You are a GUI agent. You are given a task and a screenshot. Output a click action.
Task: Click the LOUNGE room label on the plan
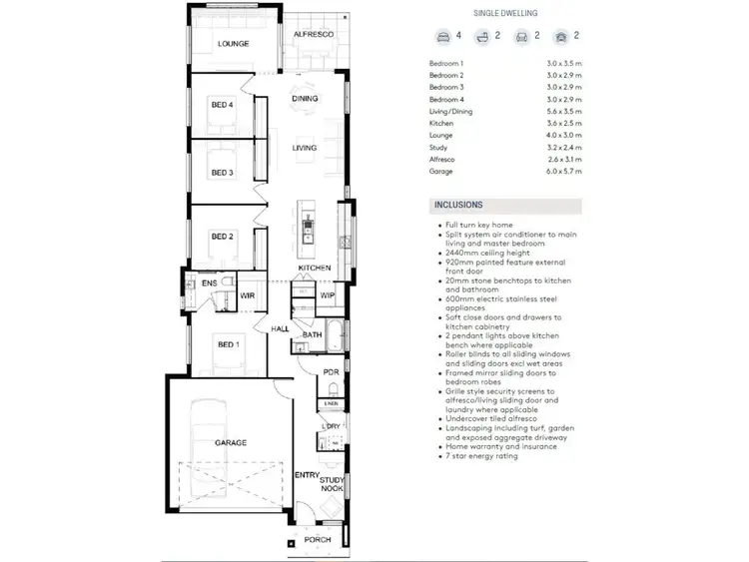tap(234, 44)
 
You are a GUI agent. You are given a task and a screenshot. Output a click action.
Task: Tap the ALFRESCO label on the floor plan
tap(313, 36)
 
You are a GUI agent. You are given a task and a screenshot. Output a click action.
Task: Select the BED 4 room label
tap(222, 105)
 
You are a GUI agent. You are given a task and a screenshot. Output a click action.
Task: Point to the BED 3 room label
tap(222, 173)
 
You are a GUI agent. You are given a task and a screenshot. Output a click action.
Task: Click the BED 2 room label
tap(222, 237)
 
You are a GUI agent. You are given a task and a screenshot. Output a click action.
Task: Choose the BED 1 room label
tap(229, 344)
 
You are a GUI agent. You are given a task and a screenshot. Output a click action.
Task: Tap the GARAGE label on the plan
tap(231, 441)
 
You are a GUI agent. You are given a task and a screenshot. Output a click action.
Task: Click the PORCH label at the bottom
tap(318, 540)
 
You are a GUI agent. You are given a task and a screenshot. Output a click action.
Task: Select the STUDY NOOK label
tap(332, 484)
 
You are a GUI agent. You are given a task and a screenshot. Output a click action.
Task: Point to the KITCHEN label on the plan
tap(314, 269)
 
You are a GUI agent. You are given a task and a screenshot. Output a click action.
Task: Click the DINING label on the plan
tap(305, 99)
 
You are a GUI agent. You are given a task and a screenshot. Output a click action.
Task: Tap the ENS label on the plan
tap(209, 284)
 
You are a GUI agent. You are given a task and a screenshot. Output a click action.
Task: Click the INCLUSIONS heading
tap(459, 205)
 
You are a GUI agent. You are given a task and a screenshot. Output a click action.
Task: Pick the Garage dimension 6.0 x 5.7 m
tap(564, 173)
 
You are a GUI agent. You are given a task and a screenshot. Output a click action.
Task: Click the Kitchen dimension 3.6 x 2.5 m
tap(564, 123)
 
